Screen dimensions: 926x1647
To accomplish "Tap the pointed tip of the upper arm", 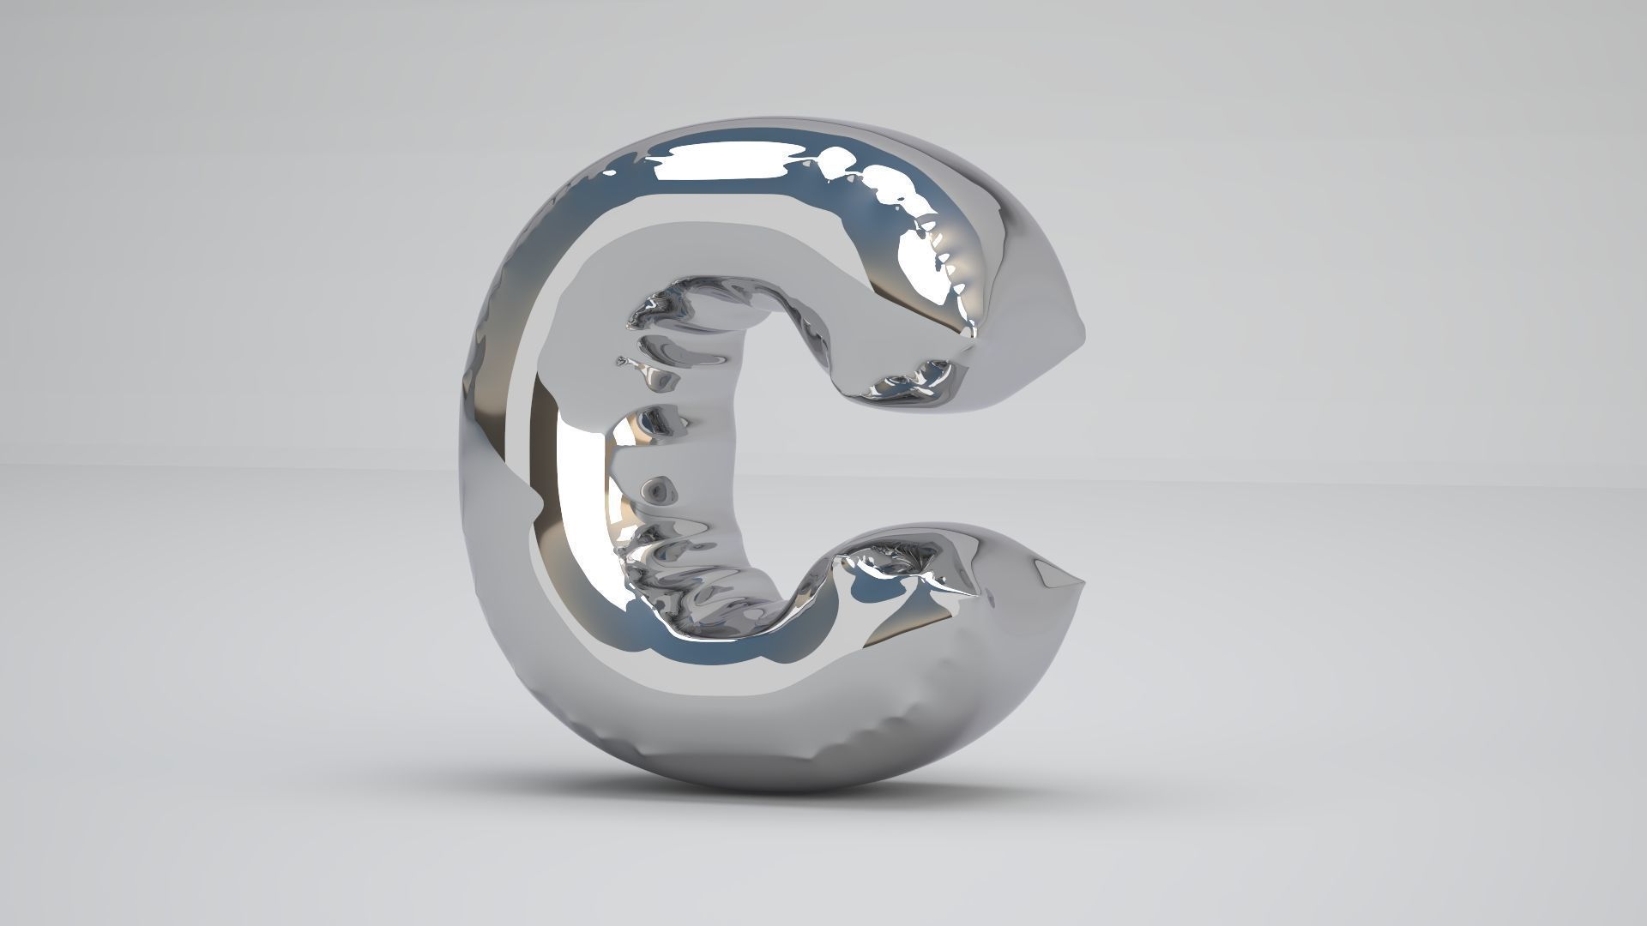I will [x=1083, y=330].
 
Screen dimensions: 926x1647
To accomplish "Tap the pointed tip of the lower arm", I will [x=1083, y=584].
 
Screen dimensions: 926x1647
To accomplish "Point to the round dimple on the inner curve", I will [x=657, y=490].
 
